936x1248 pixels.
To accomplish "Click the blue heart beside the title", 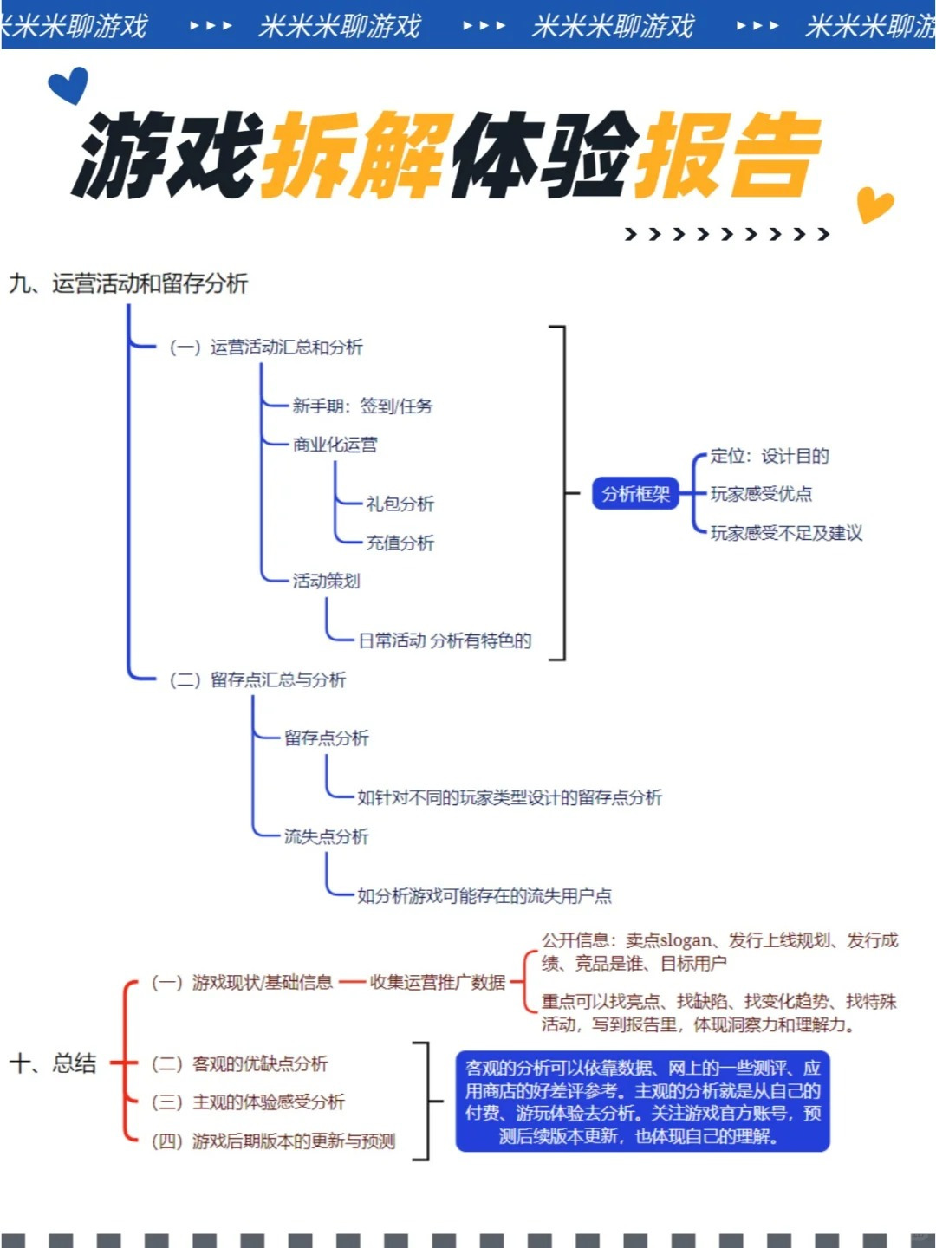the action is coord(68,85).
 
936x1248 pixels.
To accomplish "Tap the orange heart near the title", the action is coord(874,205).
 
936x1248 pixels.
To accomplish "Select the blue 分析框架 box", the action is coord(635,493).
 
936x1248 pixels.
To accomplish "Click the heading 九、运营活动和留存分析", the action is coord(128,283).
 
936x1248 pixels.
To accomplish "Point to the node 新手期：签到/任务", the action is coord(362,406).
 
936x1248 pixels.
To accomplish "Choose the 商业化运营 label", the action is coord(335,445).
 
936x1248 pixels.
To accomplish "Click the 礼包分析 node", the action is coord(400,504).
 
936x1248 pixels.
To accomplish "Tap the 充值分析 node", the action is coord(400,543).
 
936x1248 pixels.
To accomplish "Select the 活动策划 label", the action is coord(326,581).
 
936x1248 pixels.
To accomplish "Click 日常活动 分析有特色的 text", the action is coord(445,640).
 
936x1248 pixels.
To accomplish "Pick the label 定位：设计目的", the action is coord(770,456).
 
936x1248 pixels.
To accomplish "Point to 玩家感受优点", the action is coord(761,494).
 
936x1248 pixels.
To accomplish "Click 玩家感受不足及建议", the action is coord(787,533).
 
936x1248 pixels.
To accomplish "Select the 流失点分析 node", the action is coord(326,836).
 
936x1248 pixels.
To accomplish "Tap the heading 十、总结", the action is coord(53,1063).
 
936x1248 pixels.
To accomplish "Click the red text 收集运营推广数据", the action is coord(437,982).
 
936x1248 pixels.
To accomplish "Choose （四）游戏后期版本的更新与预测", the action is coord(273,1141).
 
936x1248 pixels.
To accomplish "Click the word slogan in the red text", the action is coord(686,941).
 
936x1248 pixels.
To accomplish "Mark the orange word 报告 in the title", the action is coord(728,154).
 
